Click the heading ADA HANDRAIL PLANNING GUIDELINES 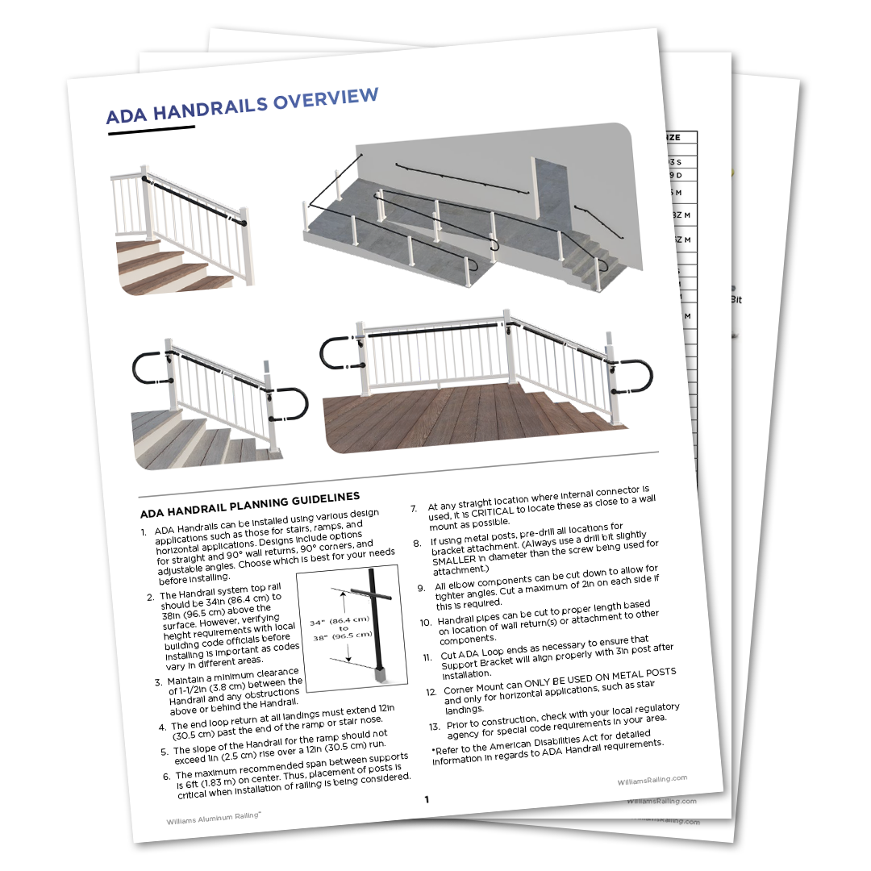[x=250, y=504]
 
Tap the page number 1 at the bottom [x=426, y=799]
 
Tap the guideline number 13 [x=434, y=726]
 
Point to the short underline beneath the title [x=152, y=130]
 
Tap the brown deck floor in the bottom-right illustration [x=452, y=419]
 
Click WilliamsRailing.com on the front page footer [x=652, y=780]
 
